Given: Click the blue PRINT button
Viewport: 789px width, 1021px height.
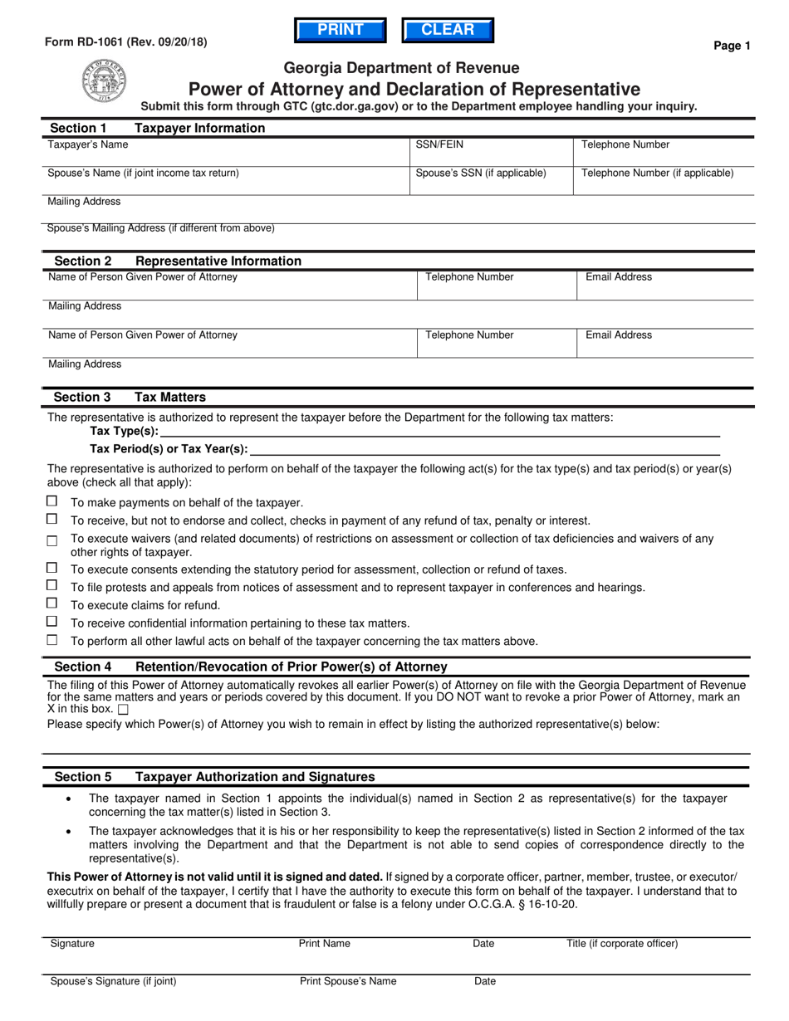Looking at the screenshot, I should pyautogui.click(x=341, y=31).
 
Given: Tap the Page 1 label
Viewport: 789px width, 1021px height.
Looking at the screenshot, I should pyautogui.click(x=732, y=46).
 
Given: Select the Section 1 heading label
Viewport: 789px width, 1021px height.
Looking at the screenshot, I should pyautogui.click(x=79, y=128).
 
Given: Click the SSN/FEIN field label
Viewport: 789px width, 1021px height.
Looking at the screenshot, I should pyautogui.click(x=439, y=144).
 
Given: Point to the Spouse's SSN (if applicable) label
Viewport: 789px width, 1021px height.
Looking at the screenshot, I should pyautogui.click(x=481, y=173).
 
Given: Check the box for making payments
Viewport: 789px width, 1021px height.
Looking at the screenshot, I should pyautogui.click(x=52, y=501).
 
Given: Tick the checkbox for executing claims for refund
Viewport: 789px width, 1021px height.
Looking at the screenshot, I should pyautogui.click(x=52, y=603).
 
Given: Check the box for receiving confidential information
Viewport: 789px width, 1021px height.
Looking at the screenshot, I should pyautogui.click(x=52, y=622).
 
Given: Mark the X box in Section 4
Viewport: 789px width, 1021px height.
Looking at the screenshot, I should pyautogui.click(x=123, y=710).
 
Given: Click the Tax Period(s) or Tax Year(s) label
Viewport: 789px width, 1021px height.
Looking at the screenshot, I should pyautogui.click(x=169, y=449).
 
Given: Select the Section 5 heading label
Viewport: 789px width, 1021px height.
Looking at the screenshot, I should pyautogui.click(x=83, y=777).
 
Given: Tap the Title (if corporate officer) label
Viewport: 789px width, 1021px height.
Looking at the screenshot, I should pyautogui.click(x=622, y=944).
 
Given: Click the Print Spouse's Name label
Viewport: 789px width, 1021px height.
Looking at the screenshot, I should pyautogui.click(x=348, y=981).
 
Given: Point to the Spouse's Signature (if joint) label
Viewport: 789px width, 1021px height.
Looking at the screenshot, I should pyautogui.click(x=114, y=981).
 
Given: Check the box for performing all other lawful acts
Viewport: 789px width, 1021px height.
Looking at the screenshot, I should pyautogui.click(x=52, y=640).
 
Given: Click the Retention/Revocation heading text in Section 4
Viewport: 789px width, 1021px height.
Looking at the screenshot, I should pyautogui.click(x=291, y=667).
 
